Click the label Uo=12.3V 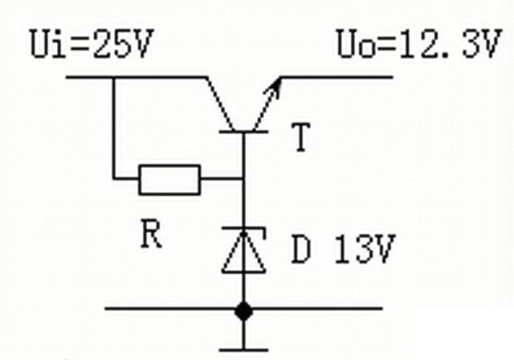(x=418, y=47)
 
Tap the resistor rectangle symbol (x=169, y=179)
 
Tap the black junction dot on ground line (x=242, y=309)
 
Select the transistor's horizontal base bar (x=242, y=132)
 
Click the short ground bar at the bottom (x=242, y=349)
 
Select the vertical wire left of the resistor (x=114, y=129)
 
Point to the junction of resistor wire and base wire (x=242, y=178)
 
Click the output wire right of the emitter (x=337, y=77)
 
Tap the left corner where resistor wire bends (x=114, y=178)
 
